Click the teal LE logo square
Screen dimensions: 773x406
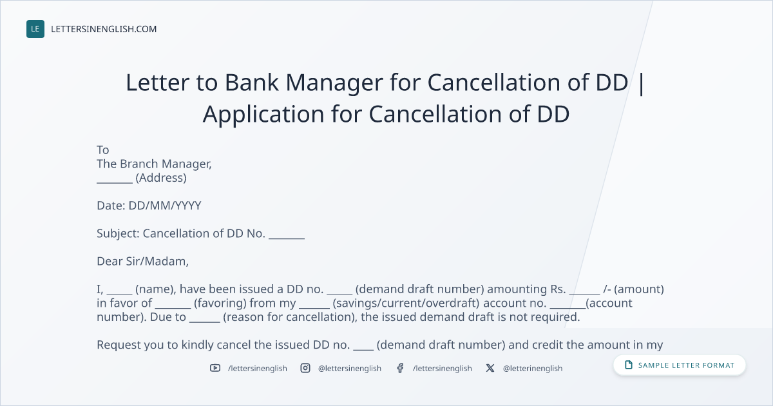[35, 29]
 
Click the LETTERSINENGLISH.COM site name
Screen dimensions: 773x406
[104, 29]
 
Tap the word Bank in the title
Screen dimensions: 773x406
[252, 82]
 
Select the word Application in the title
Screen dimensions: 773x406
[263, 114]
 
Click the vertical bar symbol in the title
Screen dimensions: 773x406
[641, 84]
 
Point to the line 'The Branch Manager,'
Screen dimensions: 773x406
[154, 164]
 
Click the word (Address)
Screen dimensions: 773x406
[161, 178]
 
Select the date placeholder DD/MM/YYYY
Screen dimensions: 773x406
[165, 206]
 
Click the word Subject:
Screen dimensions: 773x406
[118, 234]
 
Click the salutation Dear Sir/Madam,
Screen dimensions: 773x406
[142, 262]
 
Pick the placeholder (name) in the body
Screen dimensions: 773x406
[155, 289]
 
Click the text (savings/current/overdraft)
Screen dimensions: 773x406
[406, 303]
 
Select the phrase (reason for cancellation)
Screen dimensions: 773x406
[290, 317]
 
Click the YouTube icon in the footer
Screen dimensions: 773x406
[215, 368]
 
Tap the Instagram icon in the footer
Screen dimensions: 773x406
[305, 368]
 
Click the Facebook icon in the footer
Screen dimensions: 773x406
[400, 368]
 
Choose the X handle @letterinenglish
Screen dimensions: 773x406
[533, 369]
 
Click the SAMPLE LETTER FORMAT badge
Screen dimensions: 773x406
[679, 365]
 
